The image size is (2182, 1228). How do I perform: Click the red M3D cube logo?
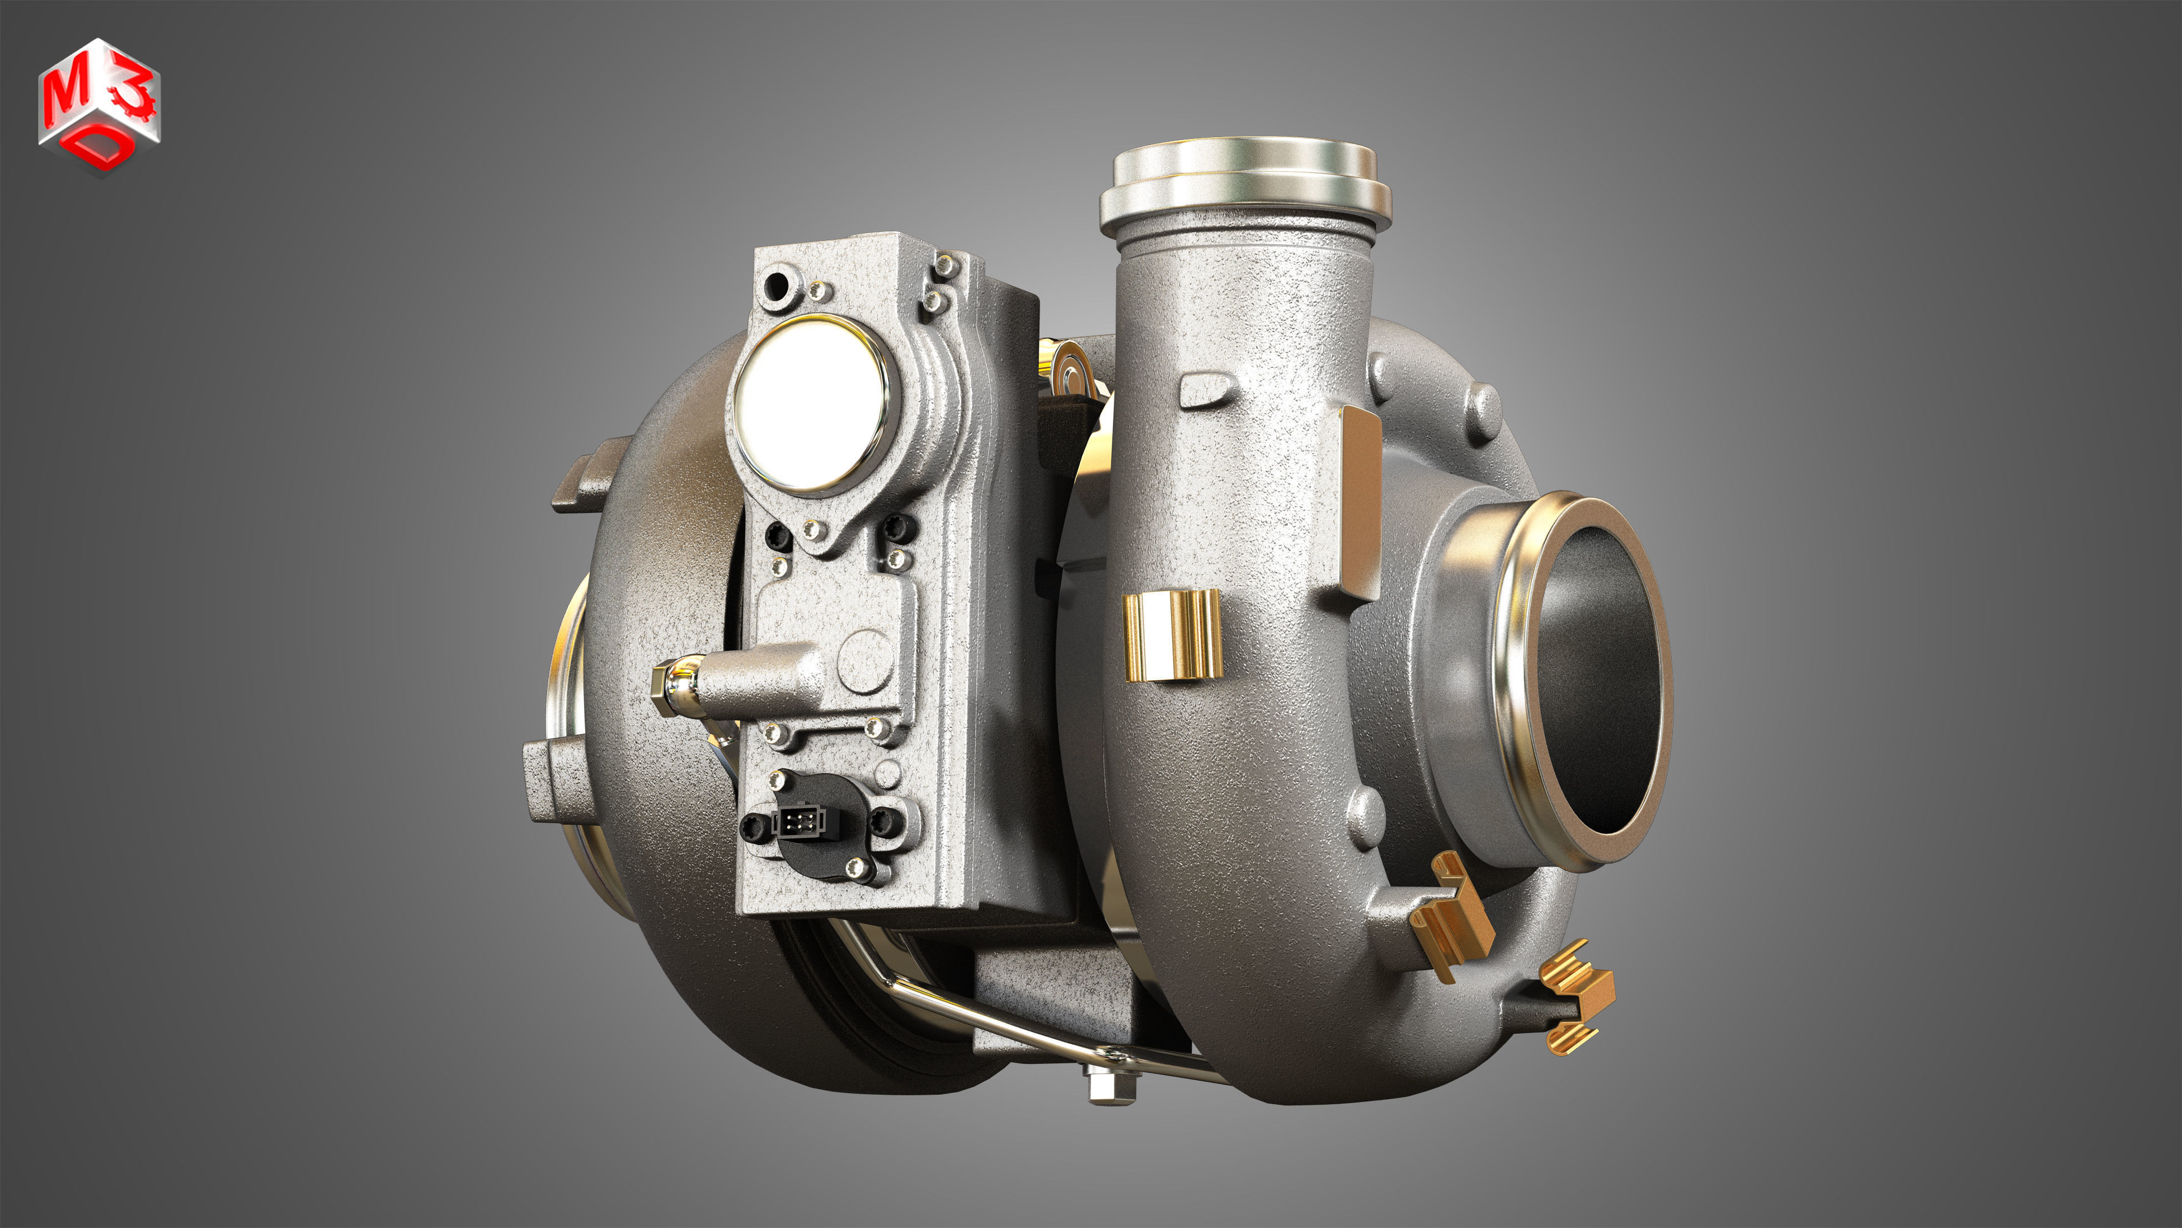[x=99, y=106]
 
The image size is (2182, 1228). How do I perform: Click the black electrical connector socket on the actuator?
[x=794, y=821]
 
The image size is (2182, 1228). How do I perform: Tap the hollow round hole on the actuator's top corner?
[x=775, y=286]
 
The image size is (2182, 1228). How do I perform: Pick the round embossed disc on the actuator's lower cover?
[x=865, y=657]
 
